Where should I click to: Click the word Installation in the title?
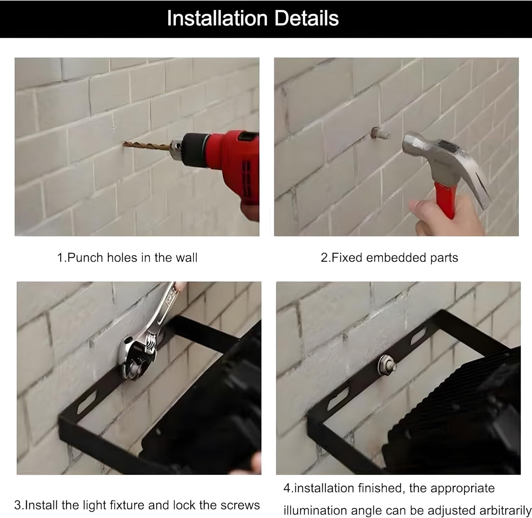click(x=217, y=18)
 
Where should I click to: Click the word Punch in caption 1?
click(x=85, y=258)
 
